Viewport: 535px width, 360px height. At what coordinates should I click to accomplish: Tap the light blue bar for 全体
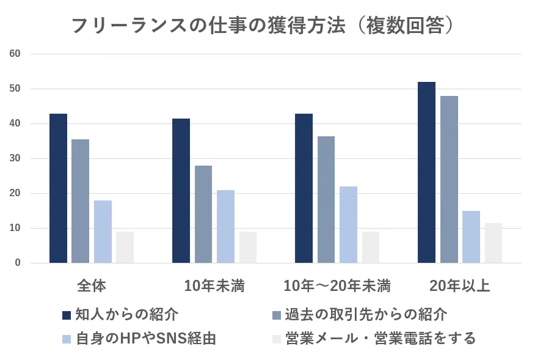click(103, 232)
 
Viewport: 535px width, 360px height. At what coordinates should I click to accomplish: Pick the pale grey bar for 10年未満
click(248, 247)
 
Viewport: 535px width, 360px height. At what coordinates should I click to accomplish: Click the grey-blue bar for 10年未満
click(203, 214)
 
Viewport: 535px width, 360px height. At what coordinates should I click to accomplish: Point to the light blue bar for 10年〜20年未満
click(348, 224)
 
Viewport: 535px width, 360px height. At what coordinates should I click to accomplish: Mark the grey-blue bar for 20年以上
click(449, 180)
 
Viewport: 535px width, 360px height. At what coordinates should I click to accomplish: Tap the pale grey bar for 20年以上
click(493, 243)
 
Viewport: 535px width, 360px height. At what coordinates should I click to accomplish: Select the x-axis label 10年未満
click(214, 285)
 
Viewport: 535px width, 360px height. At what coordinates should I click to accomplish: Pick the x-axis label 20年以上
click(460, 285)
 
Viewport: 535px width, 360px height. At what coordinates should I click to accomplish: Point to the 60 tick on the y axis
click(15, 54)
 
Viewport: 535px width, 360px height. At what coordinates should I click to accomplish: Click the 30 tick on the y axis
click(15, 158)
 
